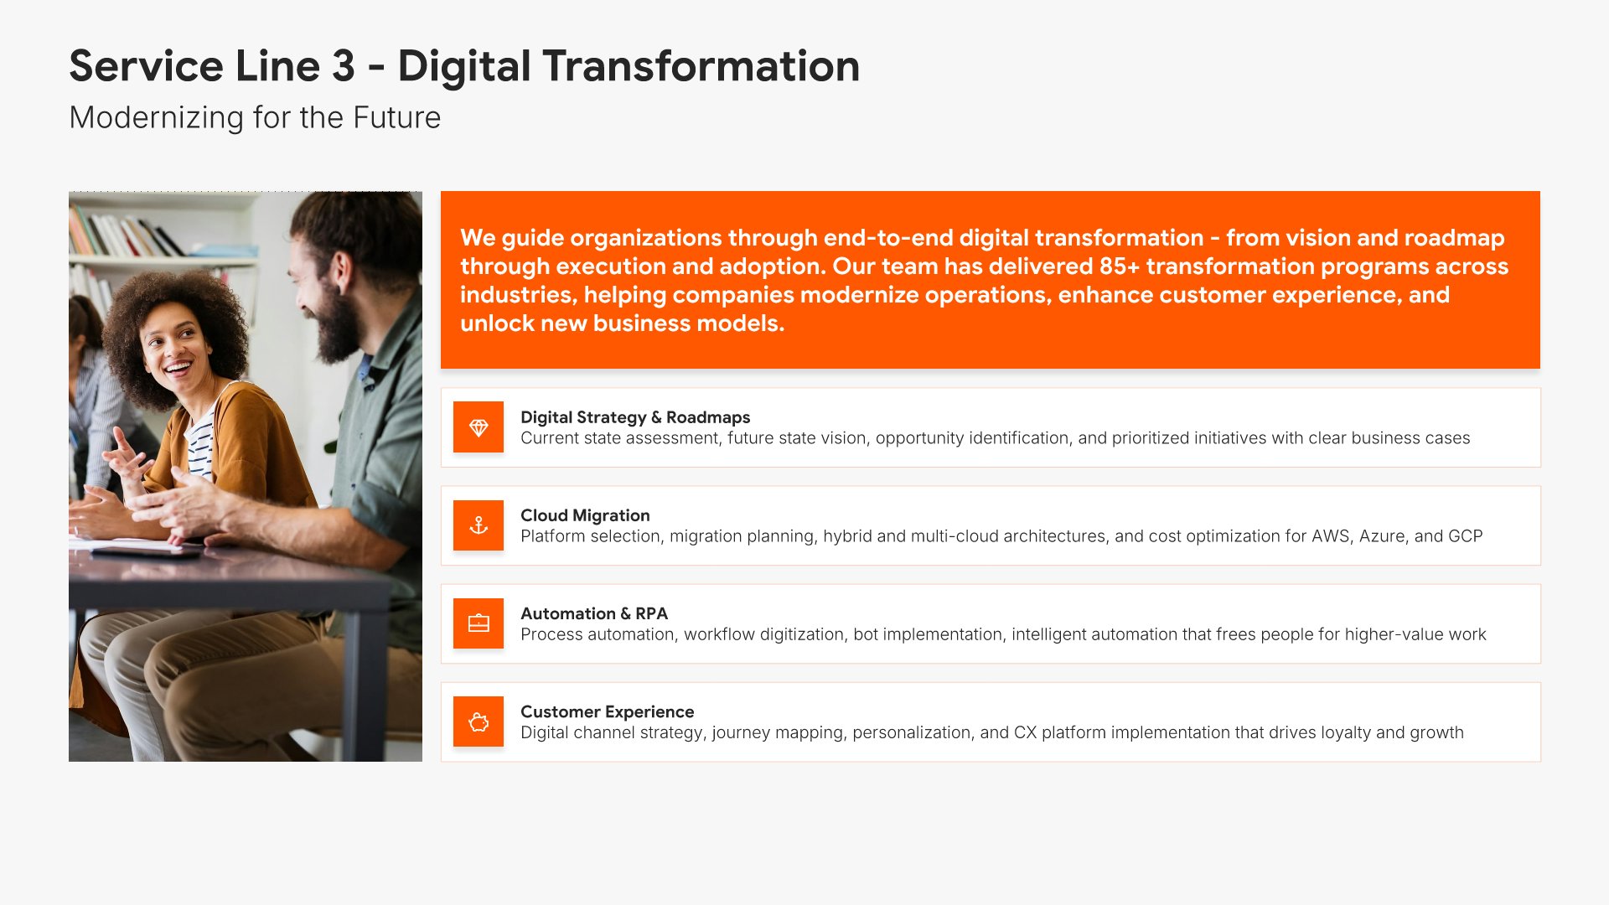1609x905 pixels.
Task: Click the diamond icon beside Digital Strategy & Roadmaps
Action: pos(479,427)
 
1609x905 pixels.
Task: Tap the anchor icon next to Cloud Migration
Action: pos(479,525)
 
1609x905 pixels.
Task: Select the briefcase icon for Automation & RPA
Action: pos(479,623)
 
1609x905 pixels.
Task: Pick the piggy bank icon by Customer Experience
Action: pos(479,721)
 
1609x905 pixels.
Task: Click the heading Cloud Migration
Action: pos(585,515)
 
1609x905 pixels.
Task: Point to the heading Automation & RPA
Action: pos(594,613)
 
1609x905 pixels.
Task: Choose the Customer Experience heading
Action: pos(608,711)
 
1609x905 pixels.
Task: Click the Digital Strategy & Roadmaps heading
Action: pos(635,417)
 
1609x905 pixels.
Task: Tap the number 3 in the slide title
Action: pos(344,66)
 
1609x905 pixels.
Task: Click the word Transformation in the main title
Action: pos(701,66)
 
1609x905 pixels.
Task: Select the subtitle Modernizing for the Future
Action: pos(255,117)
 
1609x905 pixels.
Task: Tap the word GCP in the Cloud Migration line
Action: pos(1466,536)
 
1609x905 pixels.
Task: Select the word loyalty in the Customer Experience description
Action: pos(1346,732)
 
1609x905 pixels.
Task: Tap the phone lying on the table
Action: pos(147,551)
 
